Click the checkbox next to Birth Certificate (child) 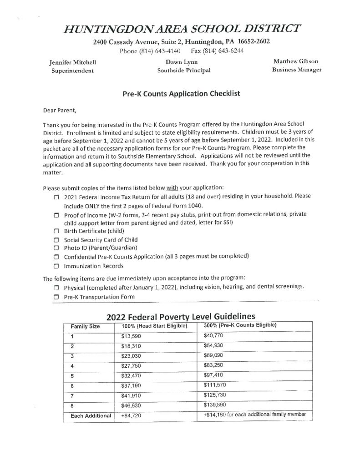(x=56, y=231)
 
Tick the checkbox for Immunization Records (x=56, y=266)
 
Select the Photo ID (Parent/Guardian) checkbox (x=56, y=248)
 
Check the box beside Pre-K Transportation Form (x=56, y=297)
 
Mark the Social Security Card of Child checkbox (x=56, y=240)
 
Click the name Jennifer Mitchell (x=72, y=62)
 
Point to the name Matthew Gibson (x=295, y=61)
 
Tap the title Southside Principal (x=184, y=71)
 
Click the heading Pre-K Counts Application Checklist (x=182, y=94)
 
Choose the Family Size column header (x=85, y=326)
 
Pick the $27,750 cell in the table (x=132, y=365)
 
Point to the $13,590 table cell (x=132, y=336)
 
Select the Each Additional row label (x=91, y=415)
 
